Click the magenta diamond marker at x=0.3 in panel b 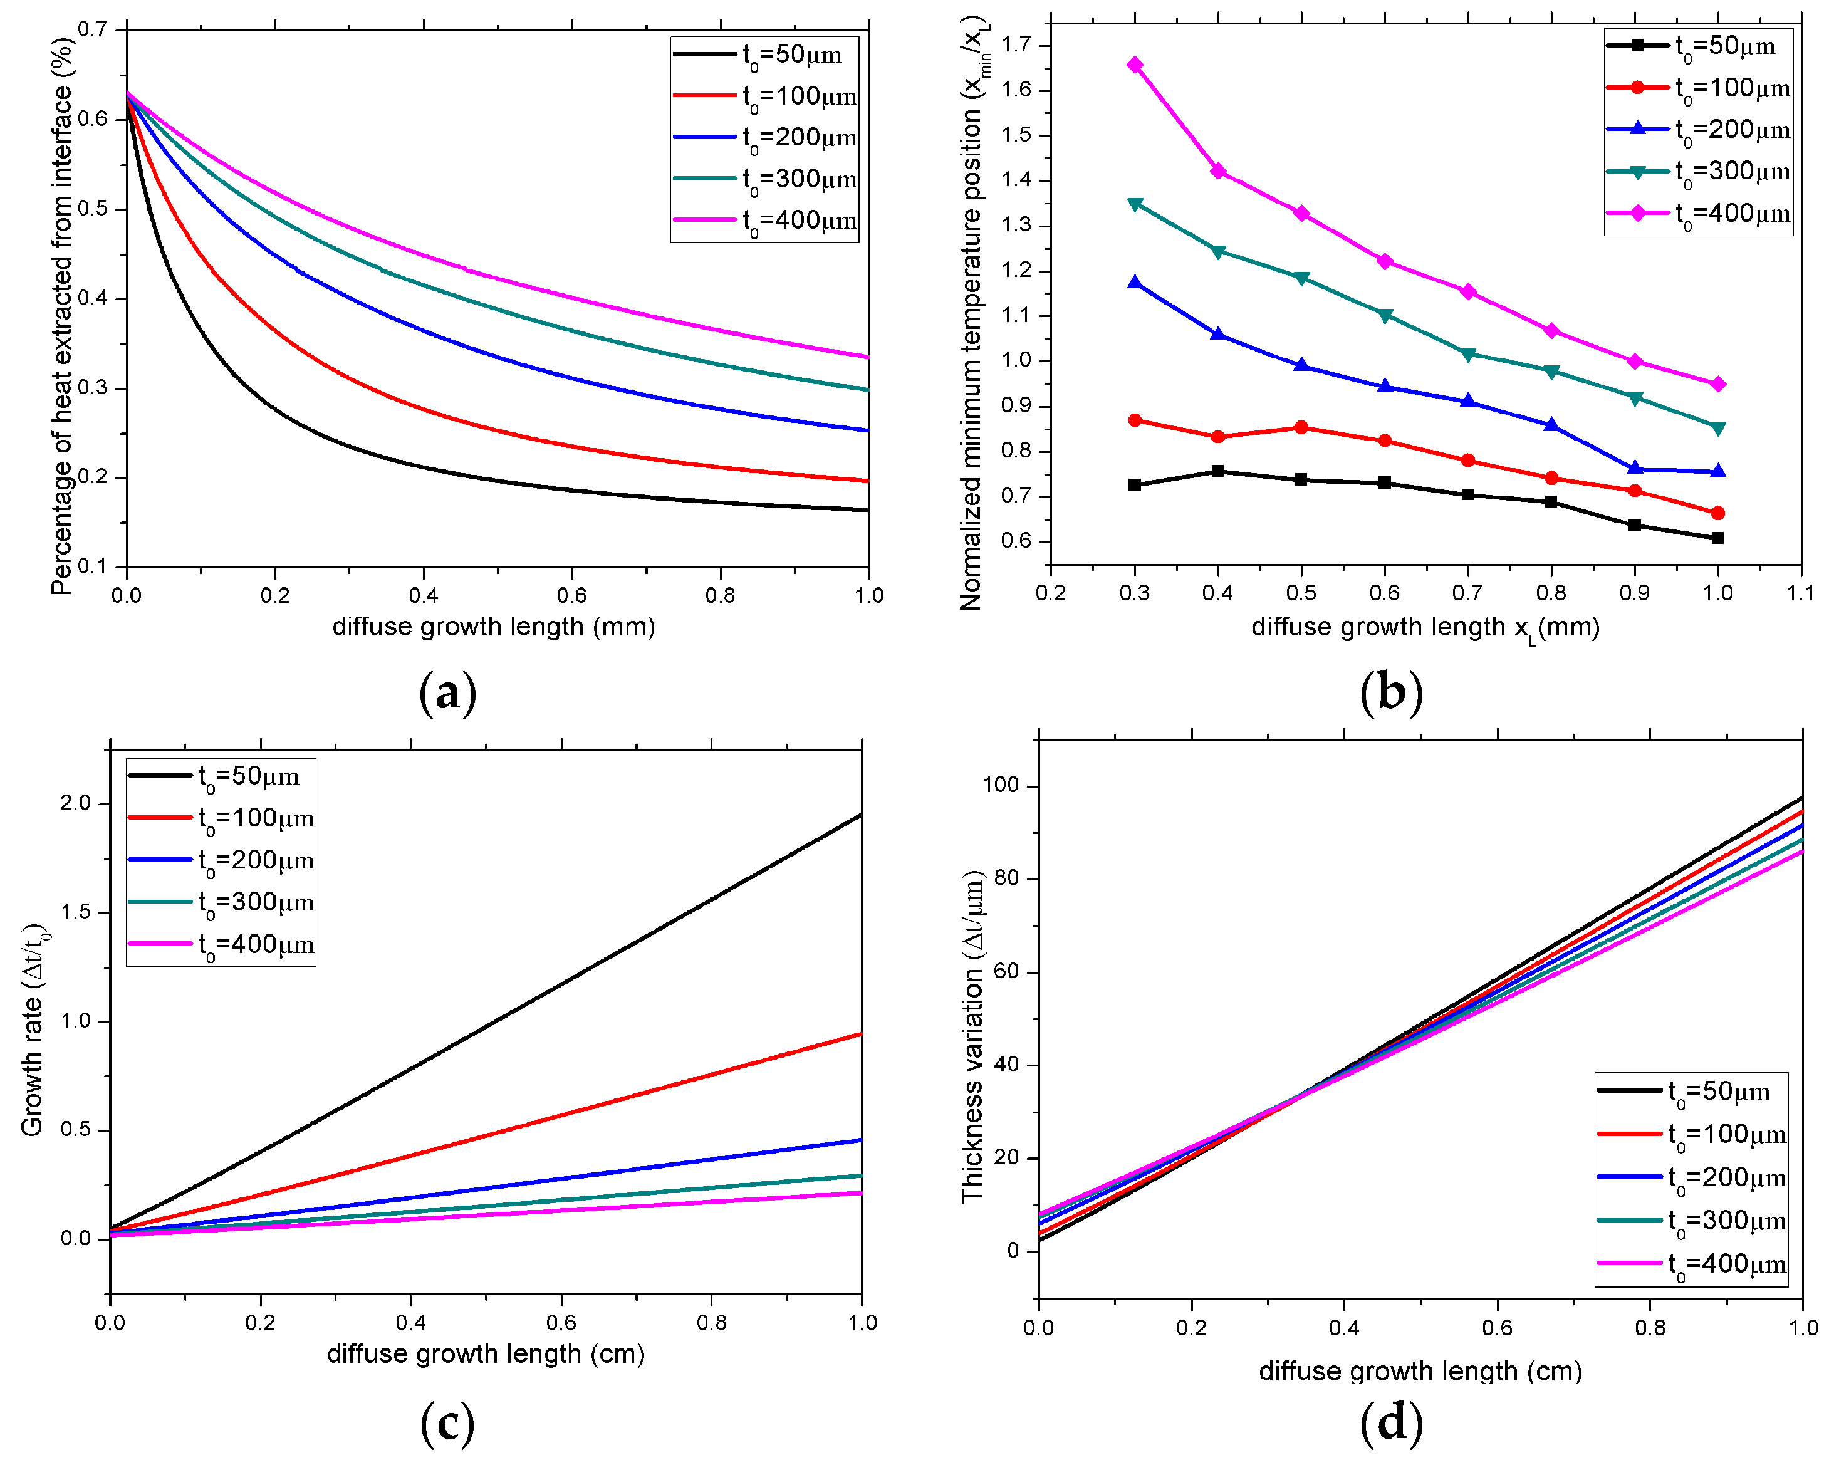pyautogui.click(x=1135, y=65)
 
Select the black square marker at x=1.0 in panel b pyautogui.click(x=1717, y=538)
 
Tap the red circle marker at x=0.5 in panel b pyautogui.click(x=1301, y=427)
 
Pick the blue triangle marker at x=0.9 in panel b pyautogui.click(x=1634, y=469)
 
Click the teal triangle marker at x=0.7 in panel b pyautogui.click(x=1467, y=354)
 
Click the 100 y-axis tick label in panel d pyautogui.click(x=1001, y=785)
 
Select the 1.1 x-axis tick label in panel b pyautogui.click(x=1800, y=593)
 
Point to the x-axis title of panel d pyautogui.click(x=1420, y=1370)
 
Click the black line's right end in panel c pyautogui.click(x=861, y=815)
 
